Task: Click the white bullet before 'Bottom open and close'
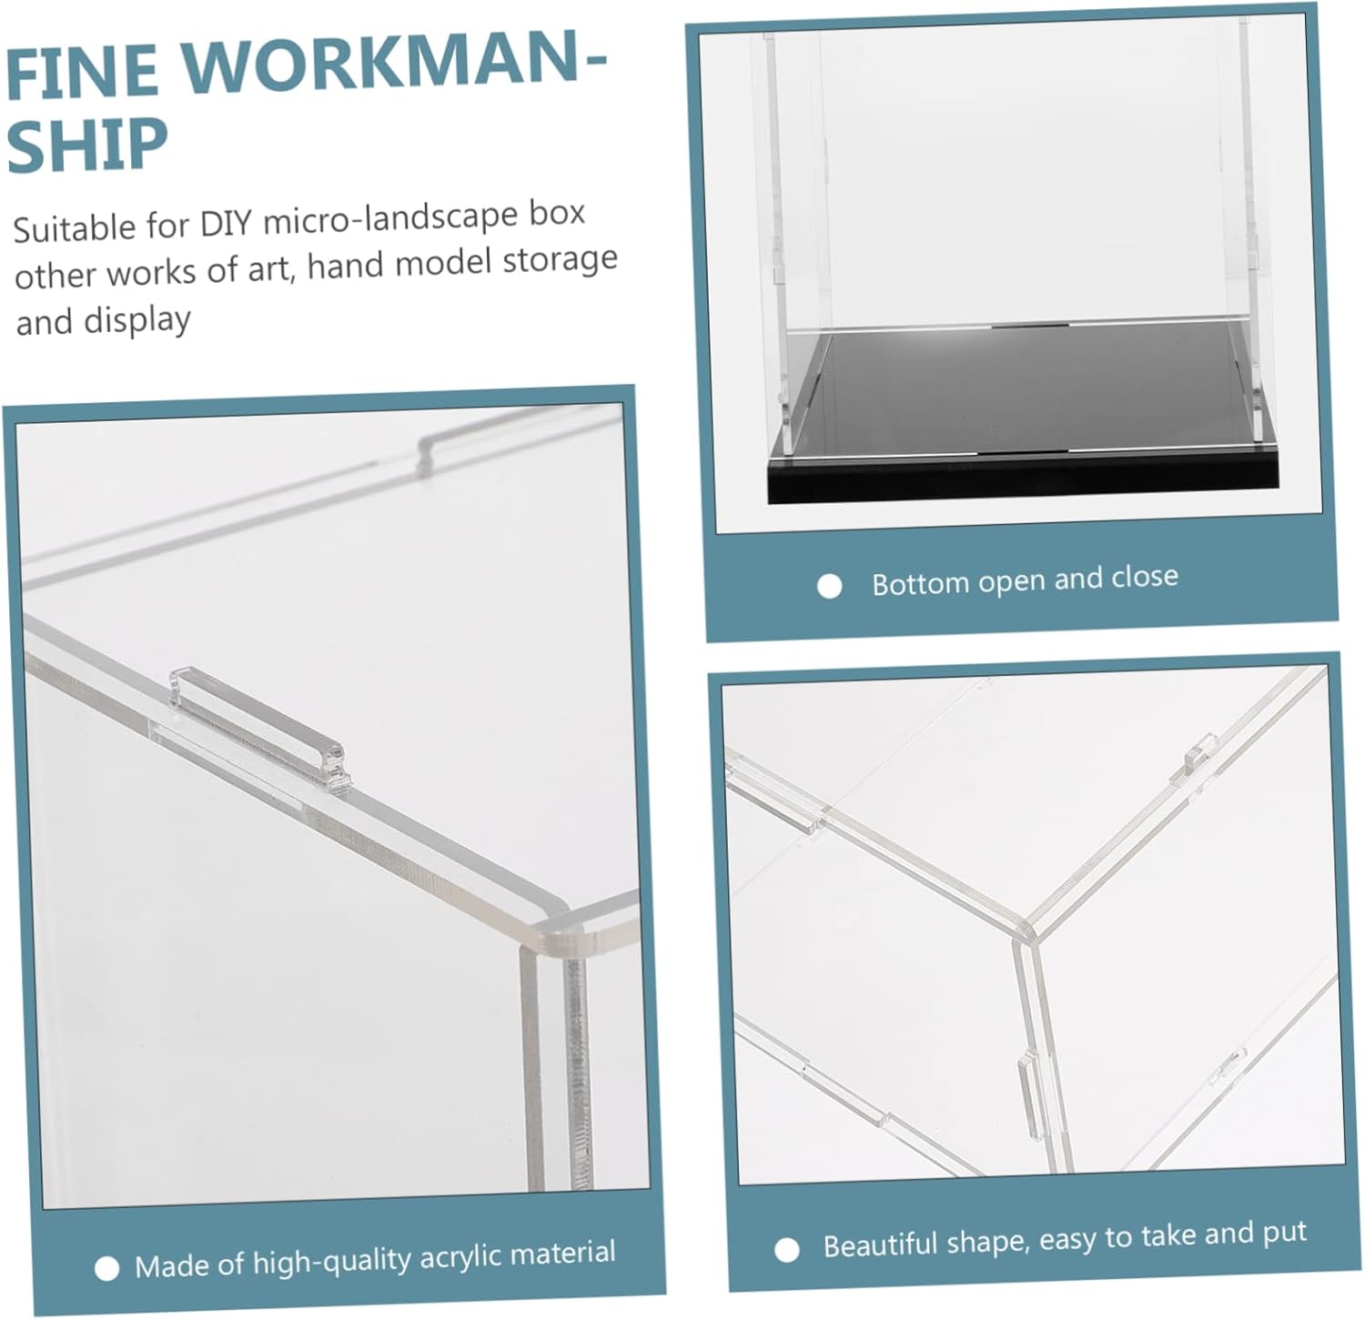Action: [829, 586]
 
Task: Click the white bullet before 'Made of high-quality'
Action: [106, 1268]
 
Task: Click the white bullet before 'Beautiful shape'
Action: [787, 1249]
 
